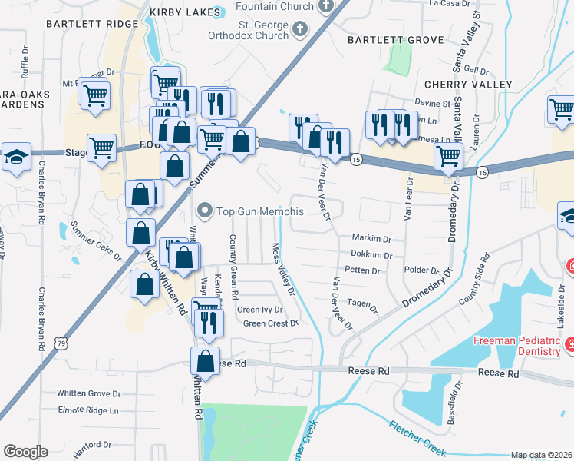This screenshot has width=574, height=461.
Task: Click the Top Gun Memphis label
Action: [260, 211]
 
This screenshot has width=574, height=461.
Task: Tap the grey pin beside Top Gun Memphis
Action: [205, 210]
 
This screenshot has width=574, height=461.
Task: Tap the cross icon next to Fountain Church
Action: [325, 6]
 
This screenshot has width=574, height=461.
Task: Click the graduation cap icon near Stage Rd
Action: [16, 157]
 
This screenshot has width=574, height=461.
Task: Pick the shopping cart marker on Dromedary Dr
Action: [449, 157]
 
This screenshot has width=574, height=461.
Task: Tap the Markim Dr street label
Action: [371, 238]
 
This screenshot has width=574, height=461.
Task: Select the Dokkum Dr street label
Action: [371, 255]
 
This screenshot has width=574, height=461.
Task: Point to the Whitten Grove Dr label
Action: [89, 393]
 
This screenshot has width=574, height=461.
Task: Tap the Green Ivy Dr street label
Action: [260, 310]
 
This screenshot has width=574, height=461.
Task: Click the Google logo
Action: [25, 452]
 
